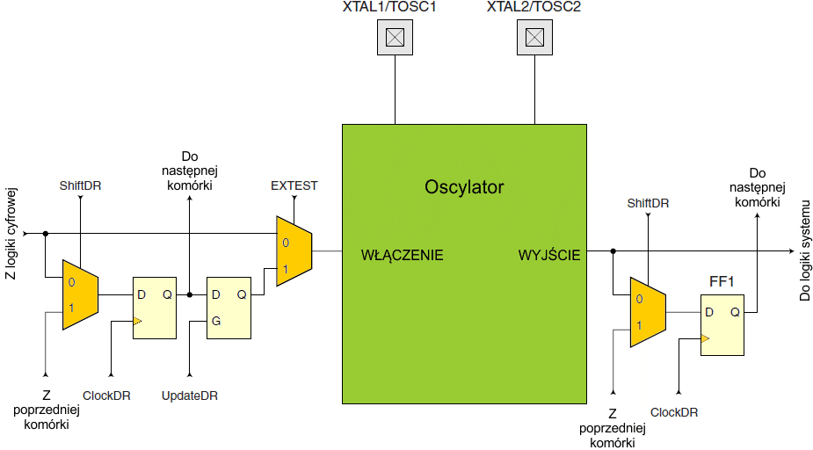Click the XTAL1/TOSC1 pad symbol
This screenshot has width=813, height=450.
396,37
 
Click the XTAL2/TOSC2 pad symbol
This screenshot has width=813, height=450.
534,37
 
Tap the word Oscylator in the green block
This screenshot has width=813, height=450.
464,187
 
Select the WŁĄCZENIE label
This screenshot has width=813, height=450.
402,256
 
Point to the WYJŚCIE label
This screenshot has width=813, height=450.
549,256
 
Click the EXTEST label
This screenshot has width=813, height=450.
294,185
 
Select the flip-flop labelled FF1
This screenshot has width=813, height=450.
722,325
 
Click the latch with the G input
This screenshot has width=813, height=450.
229,307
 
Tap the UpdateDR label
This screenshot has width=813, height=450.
189,396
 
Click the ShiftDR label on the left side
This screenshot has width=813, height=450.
80,185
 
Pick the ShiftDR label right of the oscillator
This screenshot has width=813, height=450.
648,203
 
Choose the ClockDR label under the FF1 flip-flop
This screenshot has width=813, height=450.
675,411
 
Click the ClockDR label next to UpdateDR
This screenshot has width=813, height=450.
106,396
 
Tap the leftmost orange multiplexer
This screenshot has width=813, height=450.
79,294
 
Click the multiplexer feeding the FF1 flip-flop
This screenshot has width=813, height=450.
648,312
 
